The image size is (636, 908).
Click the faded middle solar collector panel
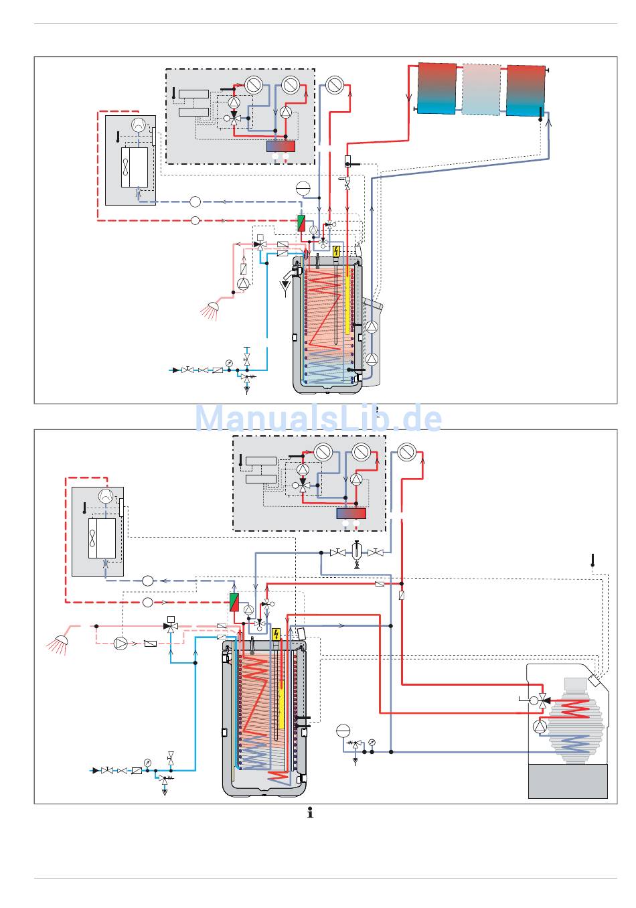pos(481,89)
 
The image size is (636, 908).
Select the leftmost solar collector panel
pos(436,88)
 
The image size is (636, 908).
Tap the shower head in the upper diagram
pos(213,309)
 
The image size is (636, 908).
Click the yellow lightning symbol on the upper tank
pos(336,251)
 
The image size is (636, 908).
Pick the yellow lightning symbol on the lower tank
pos(276,634)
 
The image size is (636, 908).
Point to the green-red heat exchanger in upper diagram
pos(302,224)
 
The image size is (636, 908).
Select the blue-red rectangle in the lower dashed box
pos(351,514)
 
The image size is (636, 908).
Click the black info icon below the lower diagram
pos(310,813)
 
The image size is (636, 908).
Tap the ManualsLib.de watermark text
pos(318,419)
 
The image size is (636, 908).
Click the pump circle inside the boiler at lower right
pos(540,727)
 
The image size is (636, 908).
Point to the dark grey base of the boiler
pos(568,781)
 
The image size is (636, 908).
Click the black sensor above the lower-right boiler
pos(592,559)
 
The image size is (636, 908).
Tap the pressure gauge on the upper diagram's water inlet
pos(229,363)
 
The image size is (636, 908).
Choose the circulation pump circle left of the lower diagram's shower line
pos(121,643)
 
